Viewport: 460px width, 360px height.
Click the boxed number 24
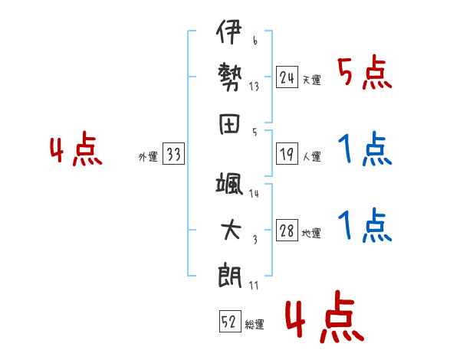click(x=287, y=77)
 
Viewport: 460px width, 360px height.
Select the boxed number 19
click(x=287, y=153)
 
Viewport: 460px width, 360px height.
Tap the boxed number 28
click(x=287, y=231)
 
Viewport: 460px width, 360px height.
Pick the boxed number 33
click(x=173, y=155)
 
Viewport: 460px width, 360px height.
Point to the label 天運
click(x=311, y=80)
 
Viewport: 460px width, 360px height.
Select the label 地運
click(x=311, y=234)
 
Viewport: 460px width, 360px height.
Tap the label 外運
click(x=148, y=157)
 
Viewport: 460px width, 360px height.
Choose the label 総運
click(x=255, y=325)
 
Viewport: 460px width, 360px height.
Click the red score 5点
click(x=364, y=74)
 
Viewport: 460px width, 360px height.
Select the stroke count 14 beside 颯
click(x=254, y=193)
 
